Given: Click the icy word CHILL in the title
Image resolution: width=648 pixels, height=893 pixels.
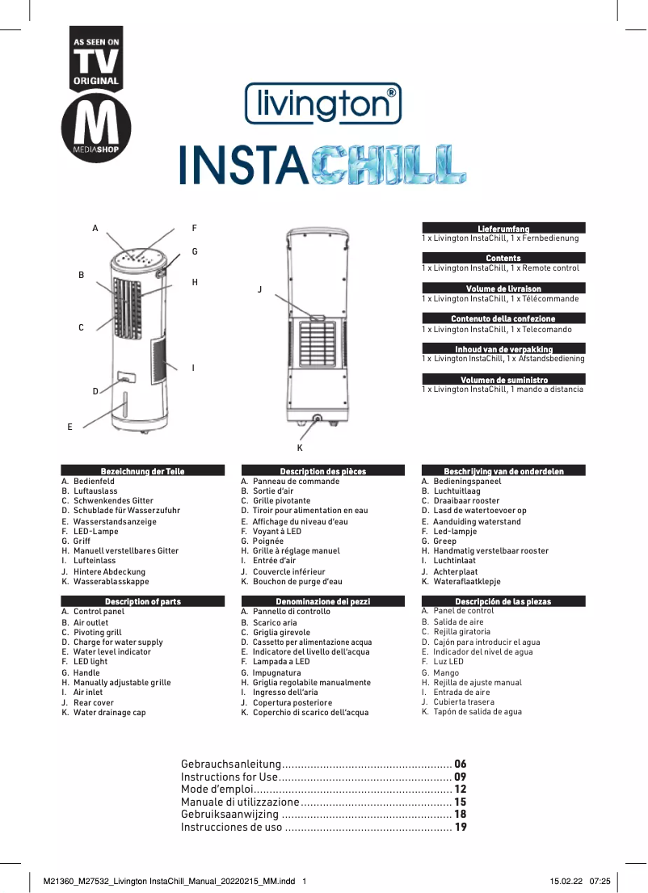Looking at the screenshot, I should (388, 165).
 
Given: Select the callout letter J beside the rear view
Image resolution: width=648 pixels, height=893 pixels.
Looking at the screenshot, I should (260, 289).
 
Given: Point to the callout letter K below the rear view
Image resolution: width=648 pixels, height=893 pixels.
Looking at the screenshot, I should (299, 447).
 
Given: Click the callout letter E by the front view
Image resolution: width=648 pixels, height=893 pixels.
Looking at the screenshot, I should (69, 425).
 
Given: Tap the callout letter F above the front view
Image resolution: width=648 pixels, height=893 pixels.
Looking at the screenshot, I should (194, 229).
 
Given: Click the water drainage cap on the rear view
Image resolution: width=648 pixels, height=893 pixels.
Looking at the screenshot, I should (317, 419).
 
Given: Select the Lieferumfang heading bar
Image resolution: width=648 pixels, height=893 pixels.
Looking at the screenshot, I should (503, 229).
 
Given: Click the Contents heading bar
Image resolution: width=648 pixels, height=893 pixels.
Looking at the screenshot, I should (503, 258).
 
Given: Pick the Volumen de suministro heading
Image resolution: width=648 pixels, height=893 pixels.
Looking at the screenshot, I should (503, 380).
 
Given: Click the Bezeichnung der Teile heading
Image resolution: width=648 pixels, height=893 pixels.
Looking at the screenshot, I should (143, 470).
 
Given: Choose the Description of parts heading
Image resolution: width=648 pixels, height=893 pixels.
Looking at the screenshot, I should (143, 601).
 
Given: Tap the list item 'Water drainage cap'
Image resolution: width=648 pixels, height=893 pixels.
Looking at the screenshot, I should (109, 713).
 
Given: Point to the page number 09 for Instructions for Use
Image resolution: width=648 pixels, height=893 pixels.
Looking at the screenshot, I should (461, 777).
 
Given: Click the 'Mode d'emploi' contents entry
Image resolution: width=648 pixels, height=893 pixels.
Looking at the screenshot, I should (217, 790).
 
